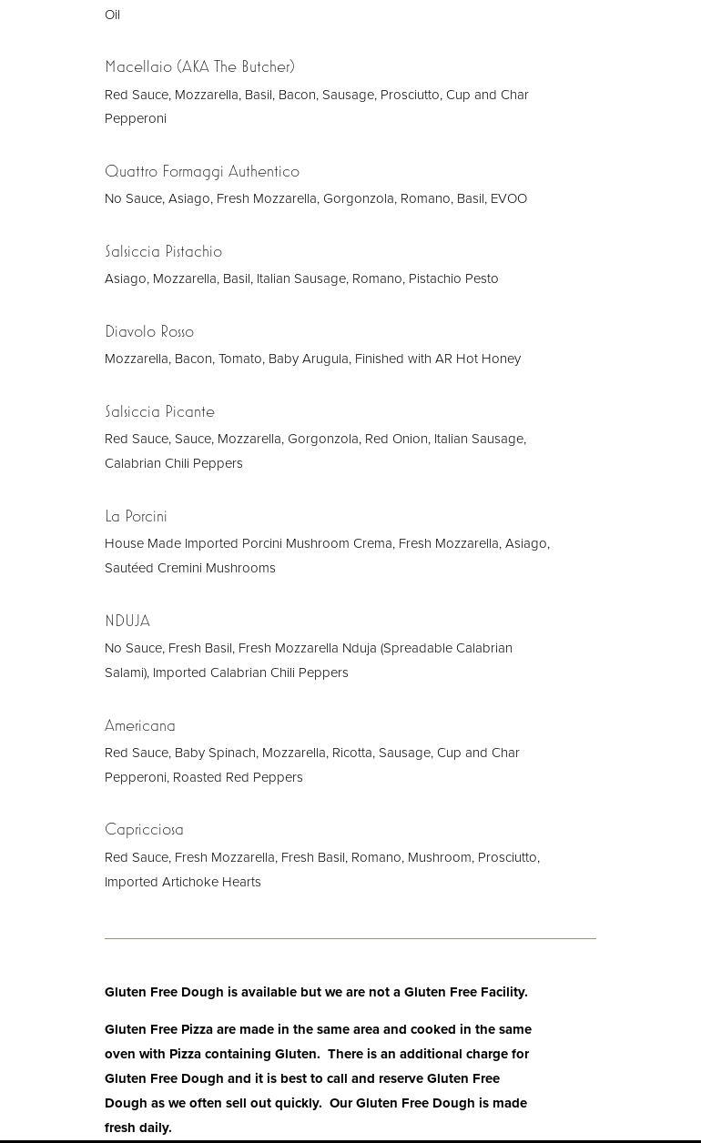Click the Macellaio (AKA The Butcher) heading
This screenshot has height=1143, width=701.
[199, 66]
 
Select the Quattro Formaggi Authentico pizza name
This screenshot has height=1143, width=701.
[201, 171]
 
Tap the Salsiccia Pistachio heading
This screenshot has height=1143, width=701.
[163, 251]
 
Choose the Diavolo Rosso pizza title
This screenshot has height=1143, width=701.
[149, 331]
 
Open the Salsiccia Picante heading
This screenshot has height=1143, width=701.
[159, 411]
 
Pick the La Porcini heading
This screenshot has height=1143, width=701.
[136, 516]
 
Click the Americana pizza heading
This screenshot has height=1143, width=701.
[139, 725]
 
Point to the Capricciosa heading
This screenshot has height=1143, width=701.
[144, 829]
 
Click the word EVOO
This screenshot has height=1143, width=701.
[508, 198]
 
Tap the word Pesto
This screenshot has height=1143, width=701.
[480, 278]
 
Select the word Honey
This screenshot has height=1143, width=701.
[502, 359]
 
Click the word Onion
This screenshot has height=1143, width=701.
[409, 439]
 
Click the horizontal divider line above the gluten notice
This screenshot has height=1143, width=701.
[350, 938]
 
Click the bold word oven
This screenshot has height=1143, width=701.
[119, 1054]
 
